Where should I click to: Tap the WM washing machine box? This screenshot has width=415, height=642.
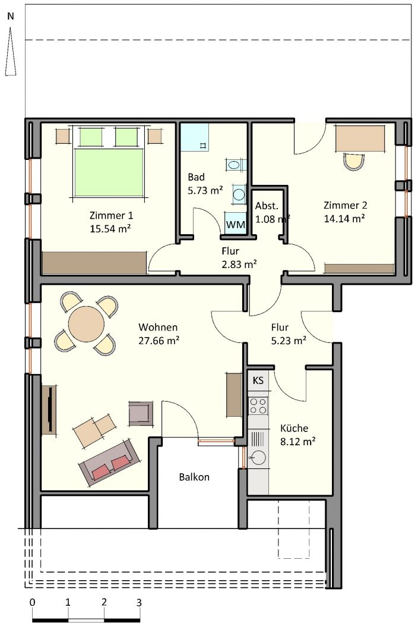[236, 224]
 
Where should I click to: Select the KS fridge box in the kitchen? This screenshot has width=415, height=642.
[258, 381]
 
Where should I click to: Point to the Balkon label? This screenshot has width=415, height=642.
[194, 477]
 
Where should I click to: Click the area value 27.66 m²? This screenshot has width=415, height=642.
[159, 340]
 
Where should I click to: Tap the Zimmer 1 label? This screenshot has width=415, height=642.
[111, 215]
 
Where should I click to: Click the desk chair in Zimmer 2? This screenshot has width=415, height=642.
[354, 161]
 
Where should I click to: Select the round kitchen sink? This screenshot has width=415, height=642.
[258, 457]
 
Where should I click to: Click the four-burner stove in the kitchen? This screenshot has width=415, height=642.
[258, 405]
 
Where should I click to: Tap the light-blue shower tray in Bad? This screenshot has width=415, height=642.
[195, 137]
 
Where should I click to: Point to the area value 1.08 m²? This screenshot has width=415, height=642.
[273, 219]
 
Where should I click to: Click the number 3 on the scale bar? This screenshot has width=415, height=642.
[139, 603]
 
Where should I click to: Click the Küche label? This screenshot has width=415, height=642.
[294, 428]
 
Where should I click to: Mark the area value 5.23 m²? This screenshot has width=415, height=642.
[289, 341]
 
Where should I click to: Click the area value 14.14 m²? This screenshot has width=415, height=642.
[345, 219]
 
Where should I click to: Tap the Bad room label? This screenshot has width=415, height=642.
[197, 177]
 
